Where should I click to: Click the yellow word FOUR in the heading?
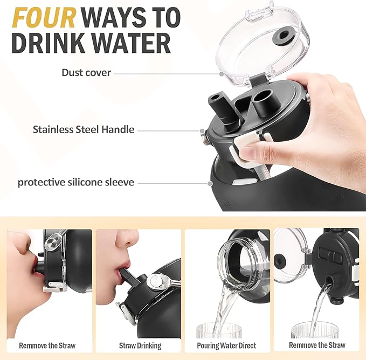point(44,18)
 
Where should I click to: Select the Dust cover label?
point(86,73)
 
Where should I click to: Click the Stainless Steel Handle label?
point(84,129)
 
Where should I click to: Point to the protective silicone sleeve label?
point(76,182)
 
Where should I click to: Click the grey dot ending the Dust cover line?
point(222,74)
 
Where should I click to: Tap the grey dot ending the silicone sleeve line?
point(210,184)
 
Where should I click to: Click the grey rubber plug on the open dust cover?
point(284,36)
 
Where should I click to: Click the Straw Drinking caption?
point(140,345)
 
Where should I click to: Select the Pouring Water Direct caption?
point(226,345)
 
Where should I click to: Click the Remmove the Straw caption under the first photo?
point(47,345)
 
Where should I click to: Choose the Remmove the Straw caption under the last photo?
point(317,345)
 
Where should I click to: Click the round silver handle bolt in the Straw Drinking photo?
point(156,281)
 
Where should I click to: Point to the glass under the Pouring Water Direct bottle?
point(218,330)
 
